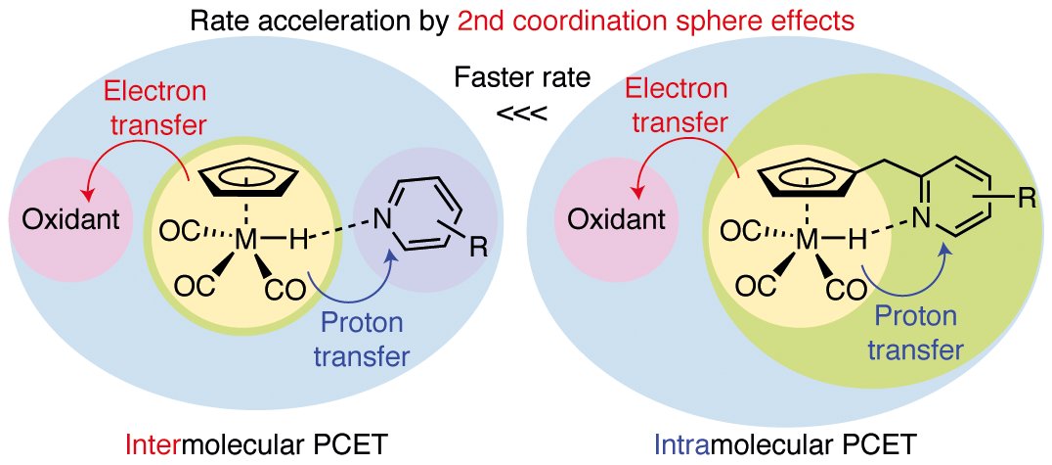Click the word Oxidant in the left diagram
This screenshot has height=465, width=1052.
[x=67, y=220]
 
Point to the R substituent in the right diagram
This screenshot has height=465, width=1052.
[x=1026, y=201]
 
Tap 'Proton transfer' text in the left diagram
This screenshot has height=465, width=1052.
[x=363, y=338]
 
